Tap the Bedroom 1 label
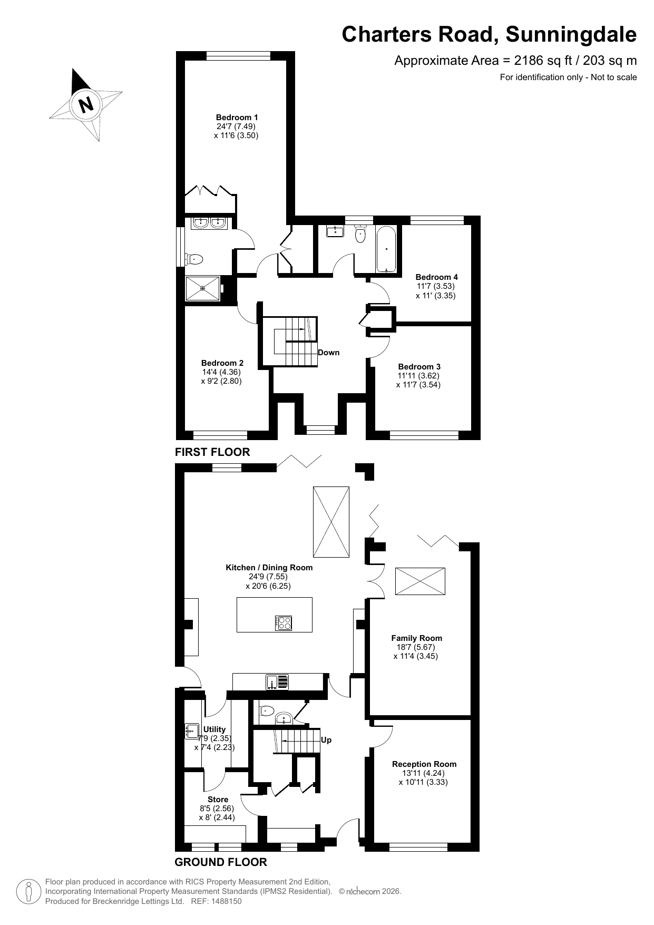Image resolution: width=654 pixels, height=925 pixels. (x=237, y=117)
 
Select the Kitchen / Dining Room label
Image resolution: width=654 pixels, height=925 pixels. (x=269, y=568)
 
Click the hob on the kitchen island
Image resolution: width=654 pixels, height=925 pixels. (x=284, y=623)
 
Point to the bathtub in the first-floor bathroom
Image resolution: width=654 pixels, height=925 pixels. (x=386, y=249)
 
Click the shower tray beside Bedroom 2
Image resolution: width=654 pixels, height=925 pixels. (x=203, y=288)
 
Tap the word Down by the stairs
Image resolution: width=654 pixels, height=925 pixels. (x=329, y=353)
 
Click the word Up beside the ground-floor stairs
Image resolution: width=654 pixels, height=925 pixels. (x=326, y=740)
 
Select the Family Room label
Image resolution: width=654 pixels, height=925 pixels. (x=416, y=638)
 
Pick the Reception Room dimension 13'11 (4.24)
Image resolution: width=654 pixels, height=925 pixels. (x=424, y=773)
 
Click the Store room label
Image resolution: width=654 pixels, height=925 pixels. (x=218, y=800)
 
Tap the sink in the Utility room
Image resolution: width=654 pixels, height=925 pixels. (x=192, y=732)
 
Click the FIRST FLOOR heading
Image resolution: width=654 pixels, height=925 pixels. (x=212, y=452)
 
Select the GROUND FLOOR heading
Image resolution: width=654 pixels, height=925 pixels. (x=221, y=862)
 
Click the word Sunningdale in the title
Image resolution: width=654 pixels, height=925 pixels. (x=571, y=35)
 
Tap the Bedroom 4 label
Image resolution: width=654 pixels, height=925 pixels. (x=436, y=277)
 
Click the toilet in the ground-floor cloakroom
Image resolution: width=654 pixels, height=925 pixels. (x=266, y=710)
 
